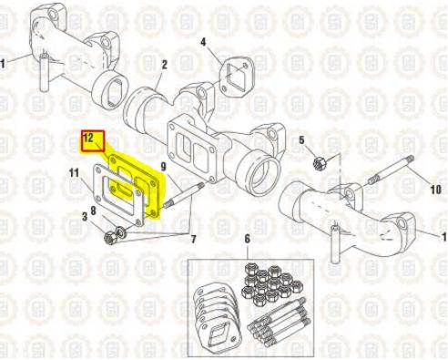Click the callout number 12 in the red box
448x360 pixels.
pyautogui.click(x=88, y=138)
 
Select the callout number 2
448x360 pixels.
pyautogui.click(x=164, y=65)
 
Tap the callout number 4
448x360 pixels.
pyautogui.click(x=203, y=42)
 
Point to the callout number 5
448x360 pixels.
pyautogui.click(x=301, y=140)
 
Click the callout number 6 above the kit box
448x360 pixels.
pyautogui.click(x=248, y=239)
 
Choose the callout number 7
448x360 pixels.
pyautogui.click(x=193, y=239)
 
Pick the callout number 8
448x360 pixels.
pyautogui.click(x=93, y=211)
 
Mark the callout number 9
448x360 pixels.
pyautogui.click(x=164, y=166)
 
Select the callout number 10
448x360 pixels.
pyautogui.click(x=436, y=190)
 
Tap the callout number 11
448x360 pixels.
pyautogui.click(x=74, y=173)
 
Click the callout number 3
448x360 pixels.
pyautogui.click(x=85, y=217)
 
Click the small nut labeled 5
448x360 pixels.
pyautogui.click(x=320, y=163)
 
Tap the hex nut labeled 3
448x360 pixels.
pyautogui.click(x=109, y=237)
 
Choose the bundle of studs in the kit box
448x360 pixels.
pyautogui.click(x=278, y=324)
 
